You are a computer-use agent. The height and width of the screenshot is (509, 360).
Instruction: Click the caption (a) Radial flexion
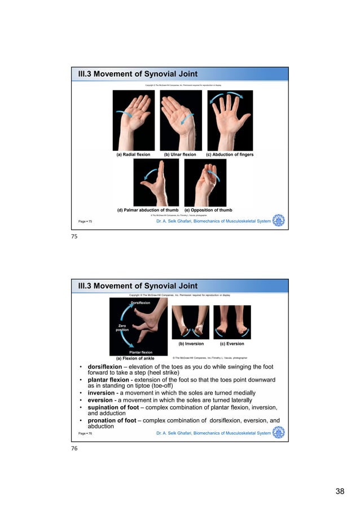pyautogui.click(x=133, y=154)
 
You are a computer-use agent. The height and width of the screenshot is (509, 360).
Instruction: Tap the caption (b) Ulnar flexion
pyautogui.click(x=180, y=154)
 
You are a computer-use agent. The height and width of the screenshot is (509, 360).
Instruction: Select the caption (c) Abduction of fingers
pyautogui.click(x=230, y=154)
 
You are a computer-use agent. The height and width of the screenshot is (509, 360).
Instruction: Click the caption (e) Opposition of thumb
pyautogui.click(x=208, y=210)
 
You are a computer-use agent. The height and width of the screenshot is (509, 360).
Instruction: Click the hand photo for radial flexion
pyautogui.click(x=134, y=120)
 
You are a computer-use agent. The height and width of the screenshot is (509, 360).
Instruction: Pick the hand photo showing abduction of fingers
pyautogui.click(x=230, y=120)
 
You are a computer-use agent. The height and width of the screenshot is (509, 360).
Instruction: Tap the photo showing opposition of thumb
pyautogui.click(x=205, y=182)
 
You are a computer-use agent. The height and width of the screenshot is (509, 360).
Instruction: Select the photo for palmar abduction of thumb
pyautogui.click(x=156, y=182)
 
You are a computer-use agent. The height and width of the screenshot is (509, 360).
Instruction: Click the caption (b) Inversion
pyautogui.click(x=191, y=343)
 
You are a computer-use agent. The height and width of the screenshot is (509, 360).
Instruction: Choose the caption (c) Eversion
pyautogui.click(x=232, y=343)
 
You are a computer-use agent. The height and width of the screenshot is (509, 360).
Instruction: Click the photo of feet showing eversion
pyautogui.click(x=232, y=322)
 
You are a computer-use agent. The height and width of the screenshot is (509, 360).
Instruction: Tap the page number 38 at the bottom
pyautogui.click(x=340, y=492)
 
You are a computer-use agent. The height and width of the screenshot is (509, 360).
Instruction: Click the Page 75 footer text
pyautogui.click(x=86, y=222)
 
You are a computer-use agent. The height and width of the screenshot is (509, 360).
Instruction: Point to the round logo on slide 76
pyautogui.click(x=279, y=433)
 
